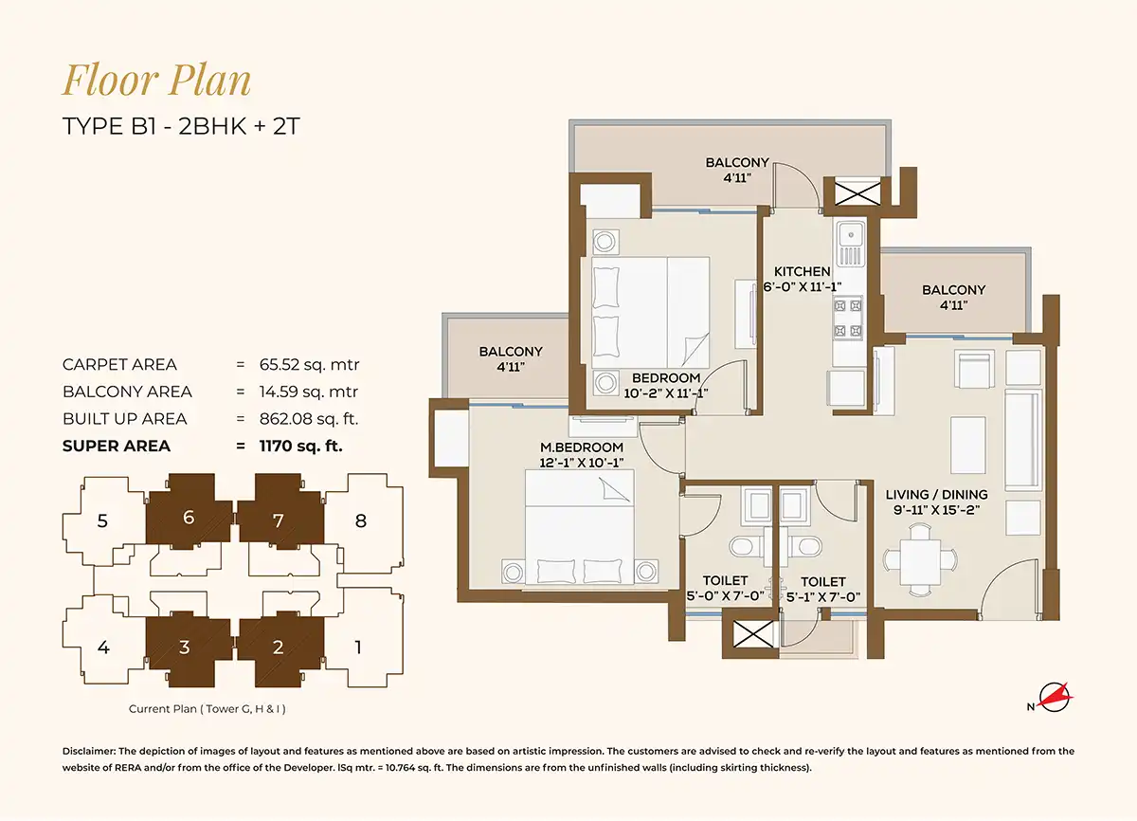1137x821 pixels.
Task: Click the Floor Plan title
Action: coord(156,80)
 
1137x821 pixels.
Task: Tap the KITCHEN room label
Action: coord(803,271)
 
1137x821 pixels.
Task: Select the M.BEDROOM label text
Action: coord(582,447)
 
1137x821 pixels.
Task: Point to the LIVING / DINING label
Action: coord(937,495)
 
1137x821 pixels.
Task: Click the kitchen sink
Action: coord(850,244)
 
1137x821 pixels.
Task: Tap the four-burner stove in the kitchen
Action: coord(848,319)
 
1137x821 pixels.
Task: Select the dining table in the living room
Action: coord(920,560)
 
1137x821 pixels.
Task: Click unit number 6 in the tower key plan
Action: coord(189,518)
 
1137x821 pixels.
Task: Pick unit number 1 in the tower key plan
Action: coord(358,648)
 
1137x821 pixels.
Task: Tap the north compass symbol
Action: coord(1054,698)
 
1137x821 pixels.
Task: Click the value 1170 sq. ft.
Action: coord(301,446)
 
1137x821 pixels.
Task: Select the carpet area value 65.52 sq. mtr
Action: coord(309,365)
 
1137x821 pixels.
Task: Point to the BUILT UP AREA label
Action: coord(125,419)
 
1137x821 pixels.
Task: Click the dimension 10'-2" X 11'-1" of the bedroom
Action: coord(666,393)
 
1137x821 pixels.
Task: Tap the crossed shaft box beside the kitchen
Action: coord(857,194)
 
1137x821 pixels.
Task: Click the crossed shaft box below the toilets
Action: coord(753,634)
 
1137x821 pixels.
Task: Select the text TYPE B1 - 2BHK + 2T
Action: coord(181,126)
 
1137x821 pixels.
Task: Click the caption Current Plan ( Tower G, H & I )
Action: coord(208,709)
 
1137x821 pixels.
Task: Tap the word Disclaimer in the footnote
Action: coord(90,751)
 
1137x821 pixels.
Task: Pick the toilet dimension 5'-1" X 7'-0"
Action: coord(823,597)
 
